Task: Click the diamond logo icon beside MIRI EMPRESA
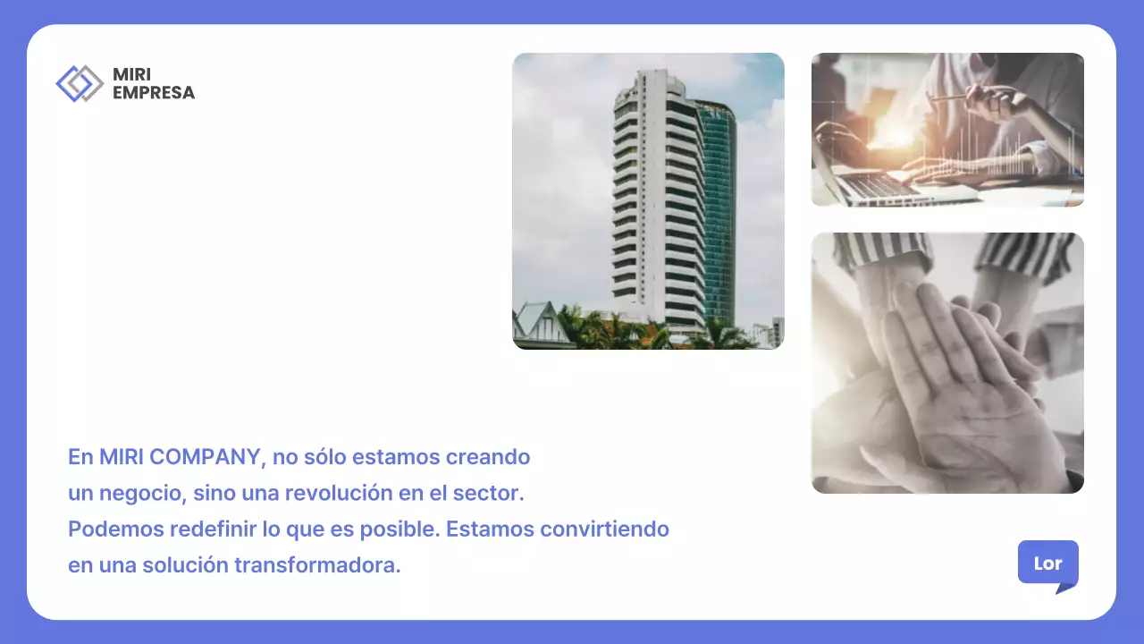[x=80, y=83]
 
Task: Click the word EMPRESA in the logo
[x=154, y=92]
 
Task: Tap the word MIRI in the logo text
[x=131, y=75]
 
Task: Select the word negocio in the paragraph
[x=139, y=493]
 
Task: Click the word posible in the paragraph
[x=400, y=529]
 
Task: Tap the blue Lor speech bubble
[x=1047, y=563]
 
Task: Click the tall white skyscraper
[x=657, y=206]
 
